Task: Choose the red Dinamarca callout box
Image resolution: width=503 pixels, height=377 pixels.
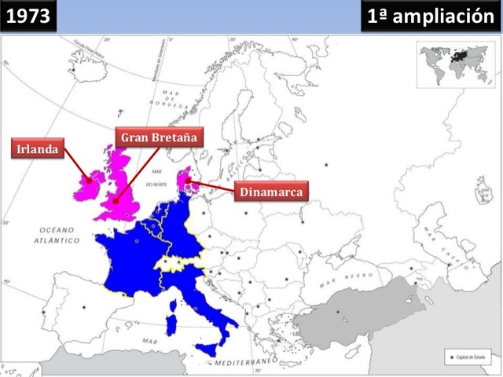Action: pos(271,192)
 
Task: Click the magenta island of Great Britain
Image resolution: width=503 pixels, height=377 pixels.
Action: pos(122,192)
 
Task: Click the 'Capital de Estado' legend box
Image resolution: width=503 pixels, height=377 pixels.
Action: pos(467,356)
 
